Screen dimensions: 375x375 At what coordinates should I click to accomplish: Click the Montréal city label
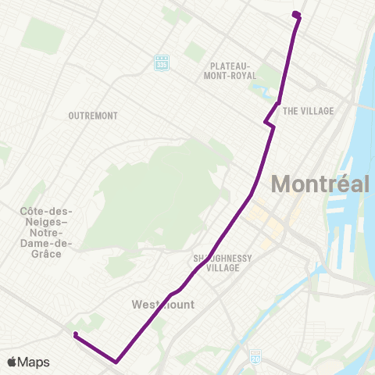(320, 184)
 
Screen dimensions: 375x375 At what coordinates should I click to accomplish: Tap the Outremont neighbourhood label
(93, 116)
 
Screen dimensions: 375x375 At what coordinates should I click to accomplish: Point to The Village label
(308, 111)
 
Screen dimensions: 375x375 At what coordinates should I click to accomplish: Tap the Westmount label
(162, 304)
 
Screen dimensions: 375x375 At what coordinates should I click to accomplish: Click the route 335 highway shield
(162, 60)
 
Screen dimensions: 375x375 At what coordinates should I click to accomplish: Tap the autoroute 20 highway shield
(255, 356)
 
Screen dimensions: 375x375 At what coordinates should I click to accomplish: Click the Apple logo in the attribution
(12, 362)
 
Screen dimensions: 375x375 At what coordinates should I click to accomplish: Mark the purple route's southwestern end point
(75, 335)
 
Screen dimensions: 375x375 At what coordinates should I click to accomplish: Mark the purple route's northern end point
(295, 14)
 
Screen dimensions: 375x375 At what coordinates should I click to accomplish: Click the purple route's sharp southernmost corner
(116, 362)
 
